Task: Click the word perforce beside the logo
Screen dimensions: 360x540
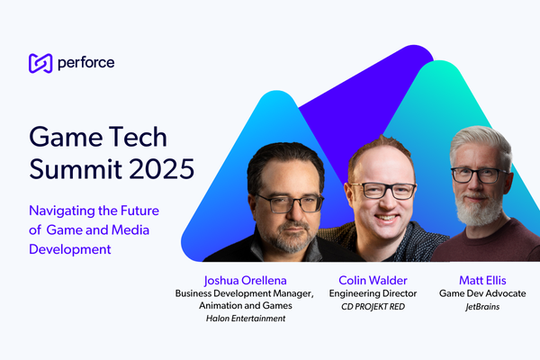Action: [x=85, y=63]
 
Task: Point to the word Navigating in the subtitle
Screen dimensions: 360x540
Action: [x=63, y=211]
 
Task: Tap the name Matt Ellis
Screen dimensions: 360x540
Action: [x=481, y=280]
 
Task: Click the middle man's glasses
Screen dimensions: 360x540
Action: [x=383, y=191]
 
